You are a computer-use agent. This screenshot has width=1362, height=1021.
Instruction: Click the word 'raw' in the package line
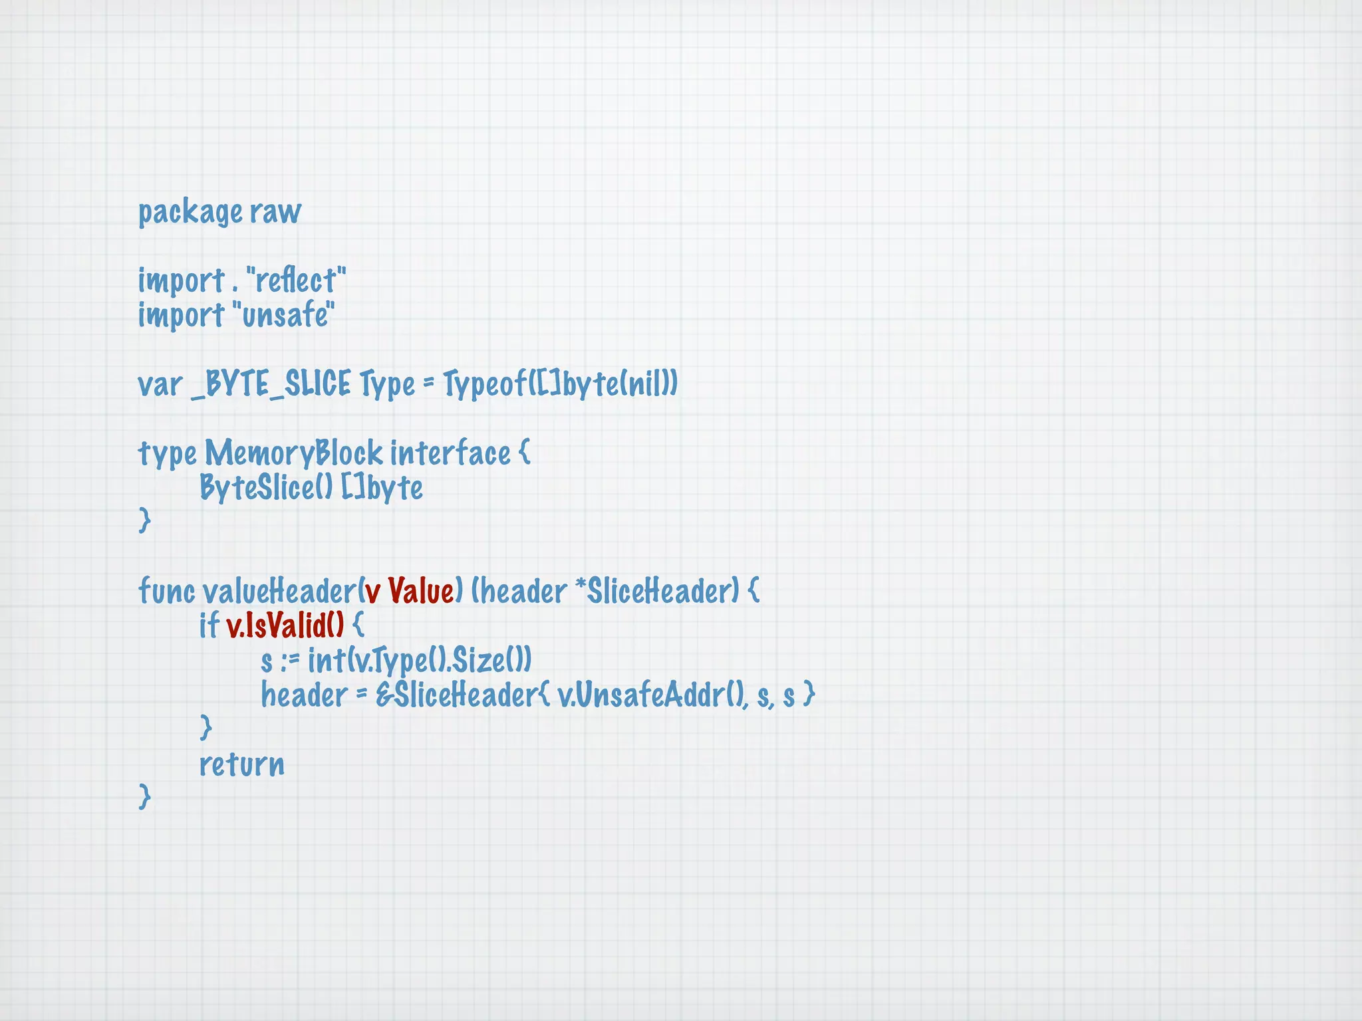pyautogui.click(x=275, y=213)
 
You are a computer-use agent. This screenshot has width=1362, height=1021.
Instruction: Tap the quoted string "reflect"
pyautogui.click(x=296, y=281)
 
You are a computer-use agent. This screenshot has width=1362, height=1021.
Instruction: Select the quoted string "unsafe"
pyautogui.click(x=284, y=315)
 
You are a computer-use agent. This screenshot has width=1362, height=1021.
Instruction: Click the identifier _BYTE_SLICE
pyautogui.click(x=271, y=385)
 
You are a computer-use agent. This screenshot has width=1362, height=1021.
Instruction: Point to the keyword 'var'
pyautogui.click(x=160, y=385)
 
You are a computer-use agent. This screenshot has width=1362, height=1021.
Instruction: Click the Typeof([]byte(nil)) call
pyautogui.click(x=560, y=385)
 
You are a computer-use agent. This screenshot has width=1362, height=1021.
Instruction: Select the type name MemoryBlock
pyautogui.click(x=293, y=454)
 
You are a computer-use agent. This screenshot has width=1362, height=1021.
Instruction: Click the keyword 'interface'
pyautogui.click(x=450, y=454)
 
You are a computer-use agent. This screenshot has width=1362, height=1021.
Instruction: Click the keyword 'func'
pyautogui.click(x=166, y=591)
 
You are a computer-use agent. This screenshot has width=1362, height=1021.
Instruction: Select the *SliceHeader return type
pyautogui.click(x=656, y=591)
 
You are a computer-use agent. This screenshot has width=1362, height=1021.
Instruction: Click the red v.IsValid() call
pyautogui.click(x=285, y=625)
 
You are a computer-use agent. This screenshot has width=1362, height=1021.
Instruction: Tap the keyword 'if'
pyautogui.click(x=209, y=625)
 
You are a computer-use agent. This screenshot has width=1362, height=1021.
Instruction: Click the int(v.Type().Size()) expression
pyautogui.click(x=419, y=661)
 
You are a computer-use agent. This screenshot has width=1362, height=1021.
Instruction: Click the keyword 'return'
pyautogui.click(x=241, y=764)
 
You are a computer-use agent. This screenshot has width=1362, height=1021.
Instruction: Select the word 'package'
pyautogui.click(x=190, y=213)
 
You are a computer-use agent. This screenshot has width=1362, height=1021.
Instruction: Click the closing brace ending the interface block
pyautogui.click(x=144, y=520)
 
